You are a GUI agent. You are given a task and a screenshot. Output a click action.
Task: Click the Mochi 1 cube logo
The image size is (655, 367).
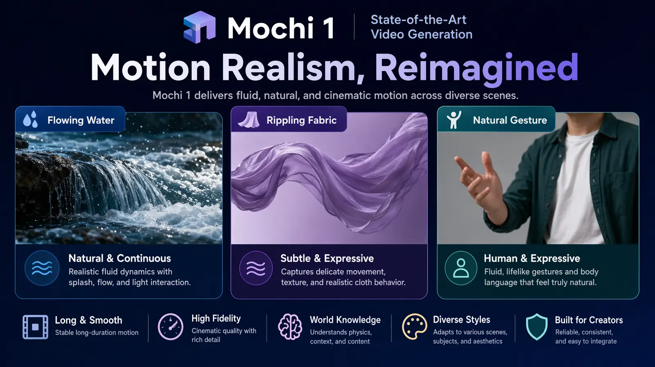pos(199,27)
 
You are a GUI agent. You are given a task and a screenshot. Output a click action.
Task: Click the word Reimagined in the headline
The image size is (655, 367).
pos(476,68)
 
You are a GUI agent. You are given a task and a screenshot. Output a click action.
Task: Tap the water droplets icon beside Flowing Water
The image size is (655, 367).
pos(30,120)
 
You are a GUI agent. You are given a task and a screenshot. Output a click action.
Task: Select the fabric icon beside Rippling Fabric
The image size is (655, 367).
pos(249,120)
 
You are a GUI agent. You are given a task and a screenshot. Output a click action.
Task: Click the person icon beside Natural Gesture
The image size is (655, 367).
pos(454,120)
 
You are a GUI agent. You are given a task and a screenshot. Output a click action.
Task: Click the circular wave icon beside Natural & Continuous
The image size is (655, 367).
pos(42,268)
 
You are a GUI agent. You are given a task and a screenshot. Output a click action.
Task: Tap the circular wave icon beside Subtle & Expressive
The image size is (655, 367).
pos(256,268)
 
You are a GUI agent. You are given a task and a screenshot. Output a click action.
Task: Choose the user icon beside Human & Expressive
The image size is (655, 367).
pos(461,268)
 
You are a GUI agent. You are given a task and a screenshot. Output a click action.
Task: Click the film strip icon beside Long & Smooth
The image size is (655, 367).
pos(35,327)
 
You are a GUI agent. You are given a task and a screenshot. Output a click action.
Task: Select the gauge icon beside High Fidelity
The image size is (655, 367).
pos(170,326)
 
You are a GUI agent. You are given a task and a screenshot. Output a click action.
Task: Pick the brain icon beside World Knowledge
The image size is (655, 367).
pos(290,326)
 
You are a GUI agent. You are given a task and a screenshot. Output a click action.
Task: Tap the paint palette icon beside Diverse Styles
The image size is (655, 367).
pos(414,326)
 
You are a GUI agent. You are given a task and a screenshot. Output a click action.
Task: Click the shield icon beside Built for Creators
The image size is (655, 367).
pos(537,326)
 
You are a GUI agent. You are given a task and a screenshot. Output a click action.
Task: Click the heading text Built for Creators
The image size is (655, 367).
pos(589,320)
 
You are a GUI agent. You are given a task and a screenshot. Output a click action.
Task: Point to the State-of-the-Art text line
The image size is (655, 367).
pos(418,20)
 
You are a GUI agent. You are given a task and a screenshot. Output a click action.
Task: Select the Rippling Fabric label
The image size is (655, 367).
pos(301,120)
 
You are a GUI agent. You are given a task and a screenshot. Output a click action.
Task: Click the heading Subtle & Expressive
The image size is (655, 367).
pos(327,258)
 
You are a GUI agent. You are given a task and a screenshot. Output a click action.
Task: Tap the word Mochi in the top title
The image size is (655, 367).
pos(271,28)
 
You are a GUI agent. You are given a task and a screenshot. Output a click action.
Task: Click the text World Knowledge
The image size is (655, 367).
pos(345,319)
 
